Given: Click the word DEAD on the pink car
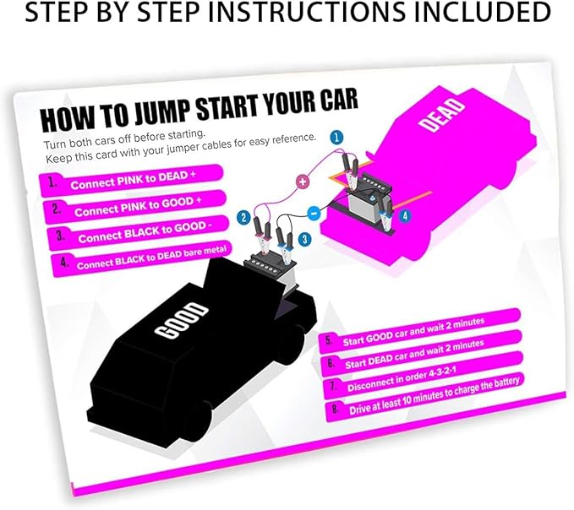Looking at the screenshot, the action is tap(442, 115).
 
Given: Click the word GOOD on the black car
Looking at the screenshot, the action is tap(181, 321).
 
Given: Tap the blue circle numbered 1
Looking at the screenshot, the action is tap(336, 138).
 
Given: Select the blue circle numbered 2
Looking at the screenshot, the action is tap(243, 218).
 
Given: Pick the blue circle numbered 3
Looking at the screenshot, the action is tap(304, 240).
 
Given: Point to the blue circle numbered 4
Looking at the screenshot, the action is tap(405, 215).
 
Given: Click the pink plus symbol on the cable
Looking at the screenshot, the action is tap(303, 181).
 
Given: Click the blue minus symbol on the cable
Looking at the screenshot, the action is tap(314, 213).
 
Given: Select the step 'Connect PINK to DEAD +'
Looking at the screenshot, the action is tap(131, 181).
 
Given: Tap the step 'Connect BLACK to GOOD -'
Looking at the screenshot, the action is tap(139, 233).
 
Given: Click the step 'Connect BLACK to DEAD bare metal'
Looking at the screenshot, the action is tap(143, 259).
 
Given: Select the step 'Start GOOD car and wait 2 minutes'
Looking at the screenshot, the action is tap(420, 331).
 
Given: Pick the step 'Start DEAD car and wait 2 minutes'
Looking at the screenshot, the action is tap(421, 354).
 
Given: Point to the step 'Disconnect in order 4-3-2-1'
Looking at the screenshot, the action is tap(424, 376).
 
